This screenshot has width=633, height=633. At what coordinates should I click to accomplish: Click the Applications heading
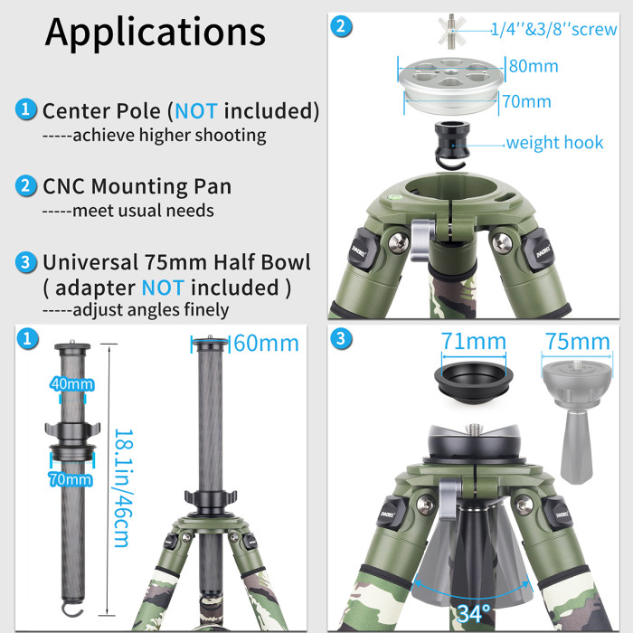[156, 32]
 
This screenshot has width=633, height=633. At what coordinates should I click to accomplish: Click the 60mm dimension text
[266, 344]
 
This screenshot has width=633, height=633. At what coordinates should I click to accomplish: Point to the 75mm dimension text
[579, 342]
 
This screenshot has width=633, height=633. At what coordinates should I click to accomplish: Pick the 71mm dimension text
[473, 342]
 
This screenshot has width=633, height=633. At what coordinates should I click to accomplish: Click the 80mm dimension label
[533, 66]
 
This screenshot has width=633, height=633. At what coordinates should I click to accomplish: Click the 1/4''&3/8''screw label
[553, 30]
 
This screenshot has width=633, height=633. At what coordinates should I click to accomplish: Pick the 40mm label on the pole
[71, 384]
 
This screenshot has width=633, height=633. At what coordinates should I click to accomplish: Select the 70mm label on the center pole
[71, 480]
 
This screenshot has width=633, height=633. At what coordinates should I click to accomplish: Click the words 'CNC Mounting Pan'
[137, 186]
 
